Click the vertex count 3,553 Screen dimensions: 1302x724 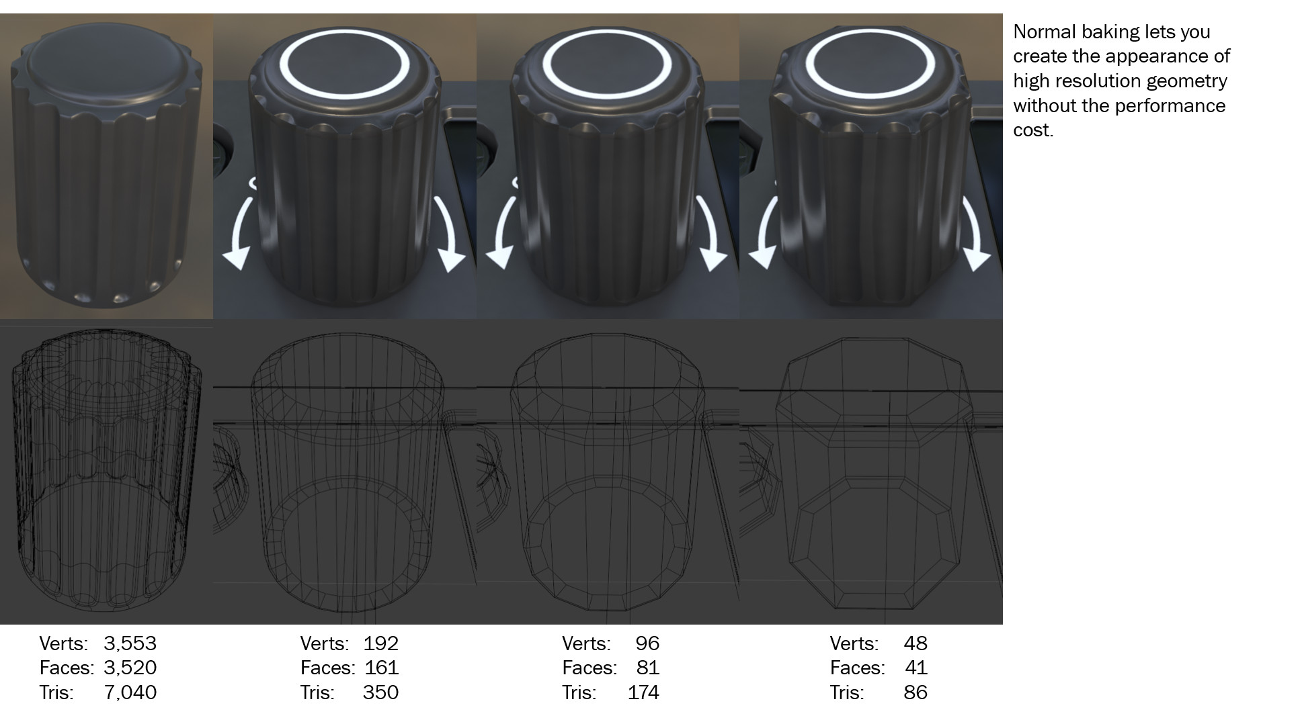pos(130,643)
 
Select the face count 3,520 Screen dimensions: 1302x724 pos(130,668)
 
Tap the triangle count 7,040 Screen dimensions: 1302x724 pos(130,692)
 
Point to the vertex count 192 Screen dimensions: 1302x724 pos(381,643)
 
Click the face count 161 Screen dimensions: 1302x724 pos(382,668)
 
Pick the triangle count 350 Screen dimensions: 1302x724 pos(380,692)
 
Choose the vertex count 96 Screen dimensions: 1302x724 pos(647,643)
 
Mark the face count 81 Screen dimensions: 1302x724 pos(648,668)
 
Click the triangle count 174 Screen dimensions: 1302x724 pos(643,692)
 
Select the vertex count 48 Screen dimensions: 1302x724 pos(916,643)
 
